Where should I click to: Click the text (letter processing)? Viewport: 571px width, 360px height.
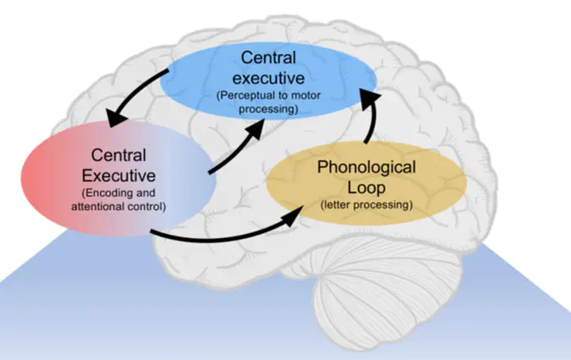366,206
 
